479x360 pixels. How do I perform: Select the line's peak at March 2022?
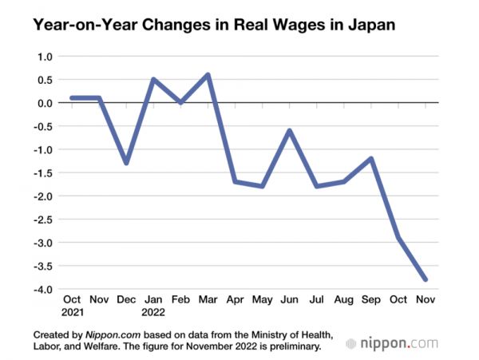(208, 75)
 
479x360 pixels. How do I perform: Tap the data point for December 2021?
(126, 163)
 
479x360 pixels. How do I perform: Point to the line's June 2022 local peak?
(290, 131)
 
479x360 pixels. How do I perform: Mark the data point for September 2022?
(372, 159)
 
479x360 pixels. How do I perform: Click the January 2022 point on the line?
(153, 80)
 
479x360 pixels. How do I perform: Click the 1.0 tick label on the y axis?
(43, 57)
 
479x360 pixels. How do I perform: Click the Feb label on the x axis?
(180, 299)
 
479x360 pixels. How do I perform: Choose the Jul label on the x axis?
(318, 299)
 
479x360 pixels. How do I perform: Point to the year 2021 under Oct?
(72, 311)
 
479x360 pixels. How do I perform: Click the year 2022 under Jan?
(154, 311)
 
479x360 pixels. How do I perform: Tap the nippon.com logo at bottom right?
(392, 344)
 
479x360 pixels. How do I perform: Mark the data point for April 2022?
(236, 181)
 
